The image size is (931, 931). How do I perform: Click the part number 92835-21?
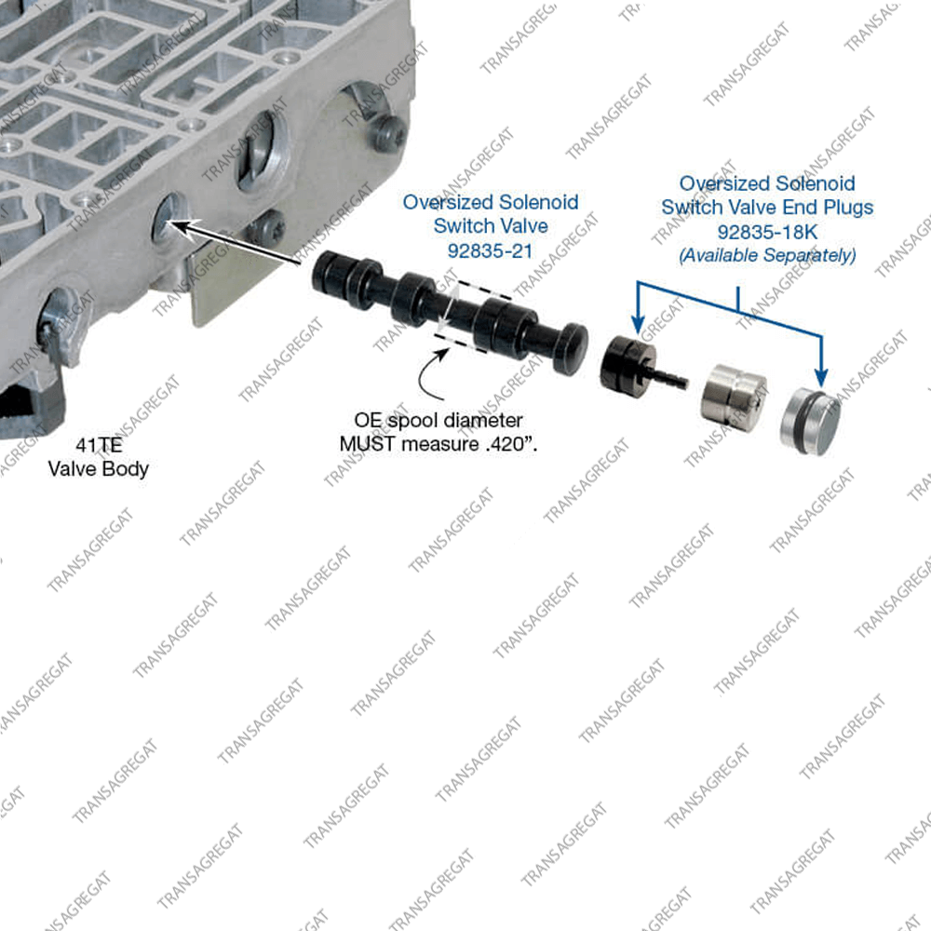491,250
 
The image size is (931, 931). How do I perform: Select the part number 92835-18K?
767,230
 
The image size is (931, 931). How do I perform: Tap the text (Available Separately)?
767,254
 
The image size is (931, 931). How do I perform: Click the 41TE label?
98,445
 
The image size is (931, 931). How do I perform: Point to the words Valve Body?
98,468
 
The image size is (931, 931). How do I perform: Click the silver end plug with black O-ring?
809,416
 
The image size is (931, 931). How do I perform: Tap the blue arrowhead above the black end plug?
638,327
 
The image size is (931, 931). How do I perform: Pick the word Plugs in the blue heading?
843,207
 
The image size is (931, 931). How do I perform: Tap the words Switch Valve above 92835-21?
491,225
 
